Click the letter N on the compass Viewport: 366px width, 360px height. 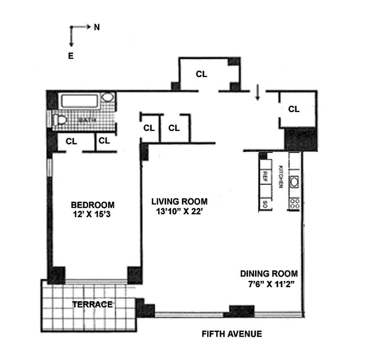tap(97, 27)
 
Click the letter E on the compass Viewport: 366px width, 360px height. tap(71, 56)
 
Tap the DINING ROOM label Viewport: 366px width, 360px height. tap(268, 274)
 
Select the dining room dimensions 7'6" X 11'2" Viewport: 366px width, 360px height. tap(268, 284)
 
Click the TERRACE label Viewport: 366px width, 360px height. tap(92, 305)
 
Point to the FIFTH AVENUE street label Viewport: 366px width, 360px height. tap(232, 334)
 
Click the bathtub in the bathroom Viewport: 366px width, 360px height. tap(80, 101)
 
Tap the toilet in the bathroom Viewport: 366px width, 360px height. tap(59, 120)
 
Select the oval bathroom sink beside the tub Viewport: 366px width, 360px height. tap(107, 97)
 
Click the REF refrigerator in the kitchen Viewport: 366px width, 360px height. tap(265, 175)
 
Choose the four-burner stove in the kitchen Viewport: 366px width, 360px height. tap(295, 202)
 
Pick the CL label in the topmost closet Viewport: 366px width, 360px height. tap(201, 74)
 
